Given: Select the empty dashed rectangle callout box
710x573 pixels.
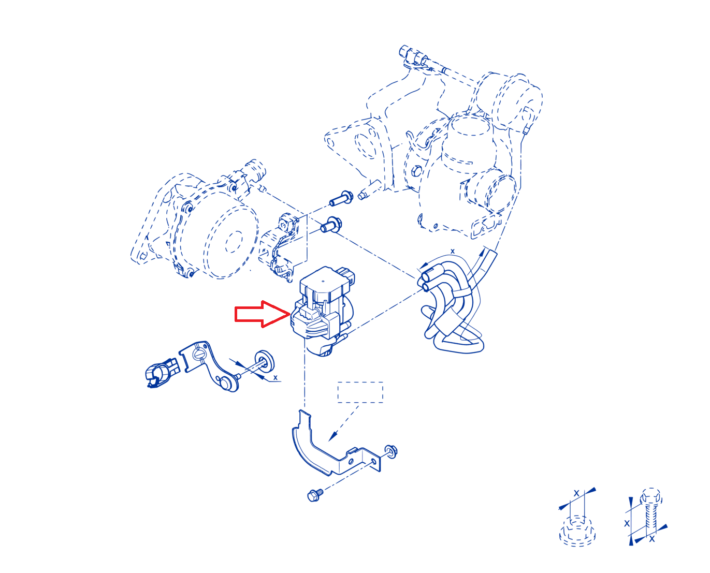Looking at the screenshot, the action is [x=360, y=392].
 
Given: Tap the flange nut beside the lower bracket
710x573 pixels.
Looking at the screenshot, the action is [x=390, y=451].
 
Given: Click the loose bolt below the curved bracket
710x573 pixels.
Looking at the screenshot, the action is [x=315, y=495].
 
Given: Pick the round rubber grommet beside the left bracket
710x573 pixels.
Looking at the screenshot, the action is [x=264, y=361].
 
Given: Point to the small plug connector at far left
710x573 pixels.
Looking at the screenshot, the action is [x=162, y=373].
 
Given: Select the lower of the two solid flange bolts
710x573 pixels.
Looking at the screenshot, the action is [x=331, y=225].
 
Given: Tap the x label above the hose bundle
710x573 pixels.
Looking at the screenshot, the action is [x=452, y=251].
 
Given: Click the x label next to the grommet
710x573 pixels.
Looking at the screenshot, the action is [x=275, y=378].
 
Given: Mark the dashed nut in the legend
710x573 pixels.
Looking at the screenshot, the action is [x=577, y=531].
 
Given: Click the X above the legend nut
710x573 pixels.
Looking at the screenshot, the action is [x=576, y=493].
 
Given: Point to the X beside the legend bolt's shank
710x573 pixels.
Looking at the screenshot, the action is [x=627, y=523].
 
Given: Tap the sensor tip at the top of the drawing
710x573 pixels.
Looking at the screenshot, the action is [x=404, y=51].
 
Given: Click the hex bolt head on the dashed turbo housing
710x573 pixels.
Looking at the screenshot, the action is [x=416, y=171].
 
